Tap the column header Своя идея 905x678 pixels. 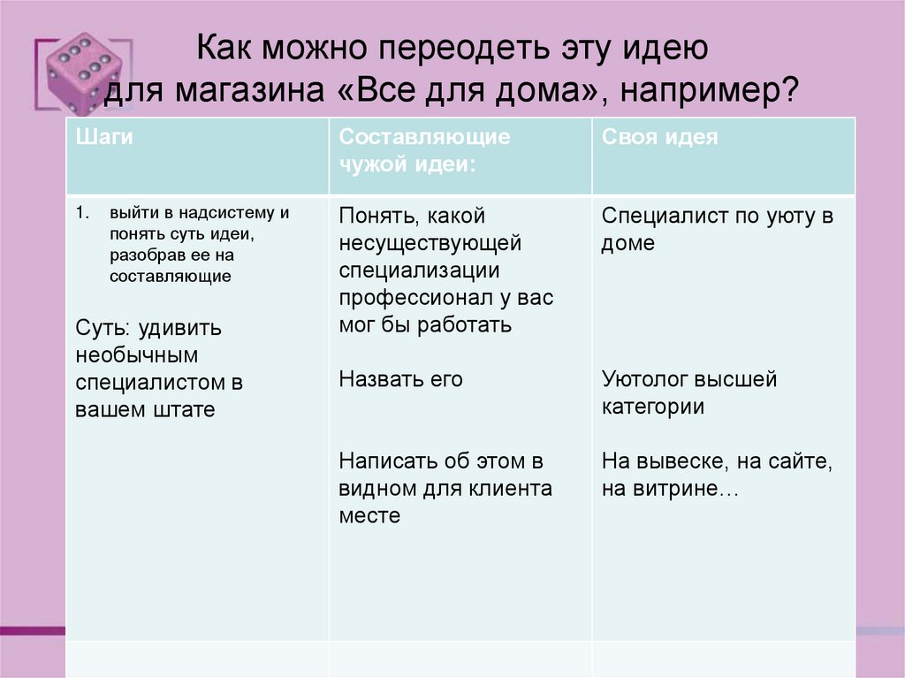[x=660, y=137]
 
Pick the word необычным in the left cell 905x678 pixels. [x=135, y=355]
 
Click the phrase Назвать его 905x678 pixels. [x=400, y=379]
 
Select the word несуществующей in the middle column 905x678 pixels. [x=430, y=243]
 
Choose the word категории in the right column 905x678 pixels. [x=653, y=407]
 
